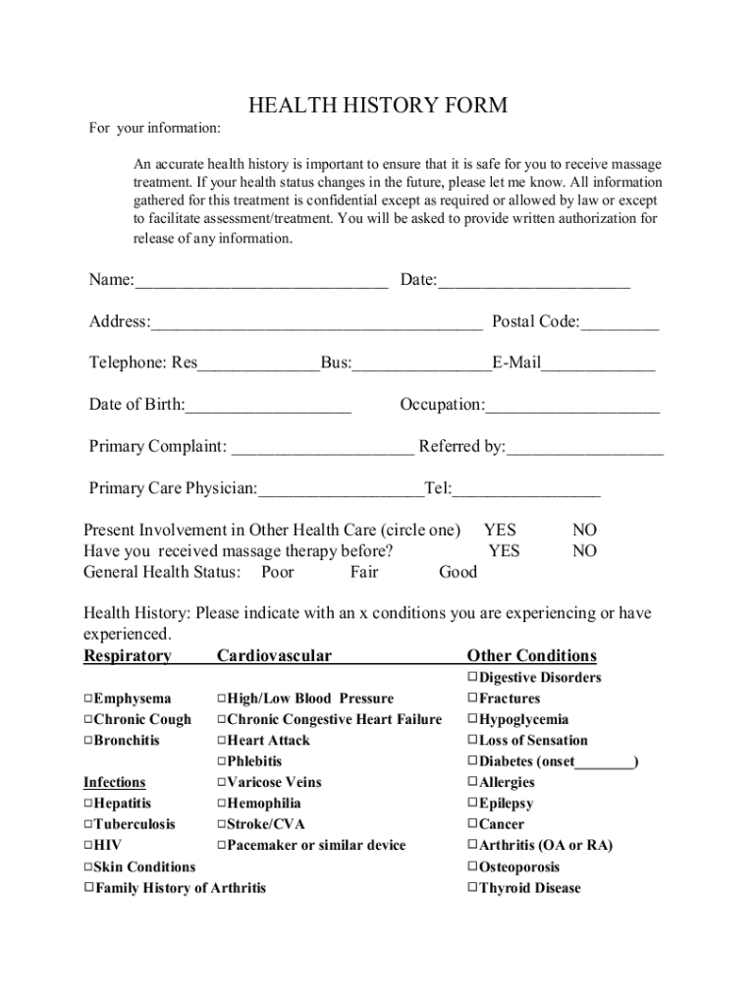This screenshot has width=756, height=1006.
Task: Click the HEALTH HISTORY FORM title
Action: pyautogui.click(x=378, y=105)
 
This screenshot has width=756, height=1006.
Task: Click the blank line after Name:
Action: pyautogui.click(x=261, y=282)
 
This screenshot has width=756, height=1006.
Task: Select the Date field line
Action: pyautogui.click(x=533, y=282)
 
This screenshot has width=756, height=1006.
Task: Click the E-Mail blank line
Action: pyautogui.click(x=598, y=364)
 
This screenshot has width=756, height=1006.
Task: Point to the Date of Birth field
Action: pyautogui.click(x=268, y=407)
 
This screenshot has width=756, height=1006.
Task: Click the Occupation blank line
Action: pyautogui.click(x=572, y=407)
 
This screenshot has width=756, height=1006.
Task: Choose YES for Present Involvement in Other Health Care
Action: pyautogui.click(x=500, y=531)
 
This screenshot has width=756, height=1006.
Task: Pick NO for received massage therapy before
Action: pyautogui.click(x=584, y=551)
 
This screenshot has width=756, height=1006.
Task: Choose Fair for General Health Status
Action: pyautogui.click(x=363, y=573)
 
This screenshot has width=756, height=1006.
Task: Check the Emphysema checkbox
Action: pyautogui.click(x=88, y=699)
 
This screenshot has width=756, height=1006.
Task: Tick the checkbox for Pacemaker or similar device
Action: pyautogui.click(x=222, y=846)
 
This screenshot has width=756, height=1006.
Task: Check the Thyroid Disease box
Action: pyautogui.click(x=472, y=888)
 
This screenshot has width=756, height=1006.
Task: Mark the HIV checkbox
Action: pyautogui.click(x=88, y=846)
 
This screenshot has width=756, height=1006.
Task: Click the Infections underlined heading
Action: pyautogui.click(x=114, y=783)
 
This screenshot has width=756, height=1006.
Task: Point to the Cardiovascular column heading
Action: pyautogui.click(x=274, y=656)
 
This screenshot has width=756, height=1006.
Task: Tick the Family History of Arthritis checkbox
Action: pyautogui.click(x=88, y=888)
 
